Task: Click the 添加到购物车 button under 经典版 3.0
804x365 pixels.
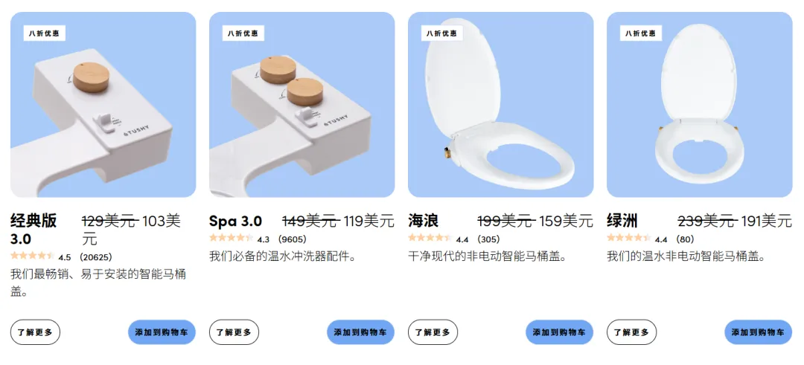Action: pos(162,332)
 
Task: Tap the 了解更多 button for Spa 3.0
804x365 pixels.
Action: pos(234,332)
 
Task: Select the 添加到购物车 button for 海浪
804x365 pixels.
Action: pos(559,332)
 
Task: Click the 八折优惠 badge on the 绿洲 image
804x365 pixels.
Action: pos(642,33)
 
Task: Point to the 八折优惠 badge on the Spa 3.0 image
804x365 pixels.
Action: pos(243,33)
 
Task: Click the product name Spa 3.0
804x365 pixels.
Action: pos(235,221)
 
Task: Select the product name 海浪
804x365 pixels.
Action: pos(423,221)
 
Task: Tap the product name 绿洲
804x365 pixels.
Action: pos(622,221)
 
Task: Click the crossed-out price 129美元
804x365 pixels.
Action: pos(109,221)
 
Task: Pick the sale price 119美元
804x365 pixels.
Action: pos(368,221)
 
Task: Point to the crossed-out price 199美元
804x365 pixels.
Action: pos(505,221)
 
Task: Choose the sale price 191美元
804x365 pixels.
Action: pos(766,221)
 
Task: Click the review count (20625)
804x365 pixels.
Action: pos(95,257)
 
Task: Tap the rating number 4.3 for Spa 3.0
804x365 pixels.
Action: pos(264,239)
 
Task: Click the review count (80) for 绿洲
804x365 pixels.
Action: pos(685,239)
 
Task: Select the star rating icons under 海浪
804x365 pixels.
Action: pos(430,239)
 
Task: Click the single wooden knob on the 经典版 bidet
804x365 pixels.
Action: pos(92,76)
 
